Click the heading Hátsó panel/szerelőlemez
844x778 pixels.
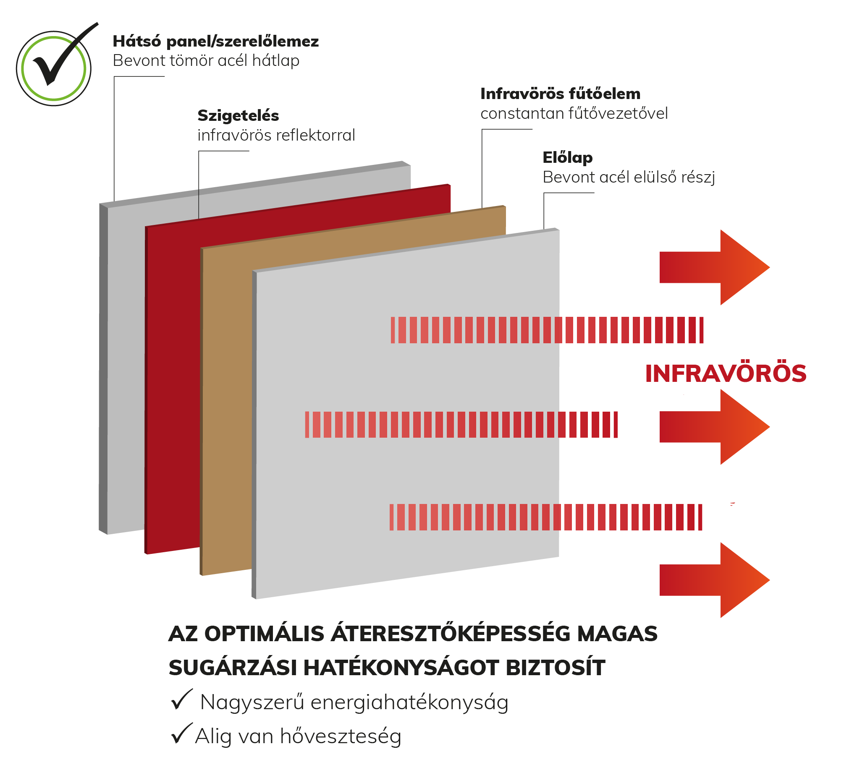point(216,41)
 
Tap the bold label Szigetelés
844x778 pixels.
point(238,116)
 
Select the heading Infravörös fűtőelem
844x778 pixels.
point(560,94)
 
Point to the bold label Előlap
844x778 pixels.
point(567,157)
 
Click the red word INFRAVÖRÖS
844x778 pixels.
point(725,373)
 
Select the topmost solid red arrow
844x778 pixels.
point(714,267)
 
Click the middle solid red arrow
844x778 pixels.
point(714,427)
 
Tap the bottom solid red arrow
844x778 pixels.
point(714,580)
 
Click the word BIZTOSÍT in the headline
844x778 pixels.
point(555,667)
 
